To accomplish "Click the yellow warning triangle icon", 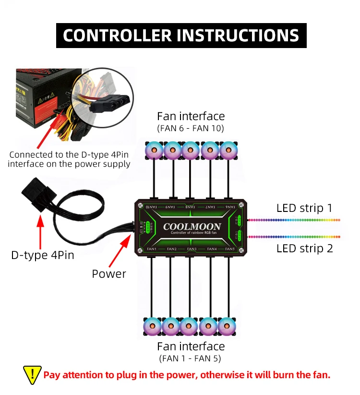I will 32,374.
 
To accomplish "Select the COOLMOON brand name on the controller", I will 192,226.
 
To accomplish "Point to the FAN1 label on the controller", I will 152,249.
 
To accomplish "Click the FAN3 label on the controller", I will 192,249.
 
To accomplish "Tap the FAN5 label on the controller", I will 229,249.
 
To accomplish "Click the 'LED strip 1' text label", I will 304,209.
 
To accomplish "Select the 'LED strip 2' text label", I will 304,248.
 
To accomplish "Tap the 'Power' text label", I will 109,274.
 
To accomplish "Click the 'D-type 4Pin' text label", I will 43,255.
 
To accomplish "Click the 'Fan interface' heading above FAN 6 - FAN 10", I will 191,116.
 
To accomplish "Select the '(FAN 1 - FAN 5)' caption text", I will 191,358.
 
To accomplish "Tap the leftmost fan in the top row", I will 154,150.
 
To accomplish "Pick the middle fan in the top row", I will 191,150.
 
